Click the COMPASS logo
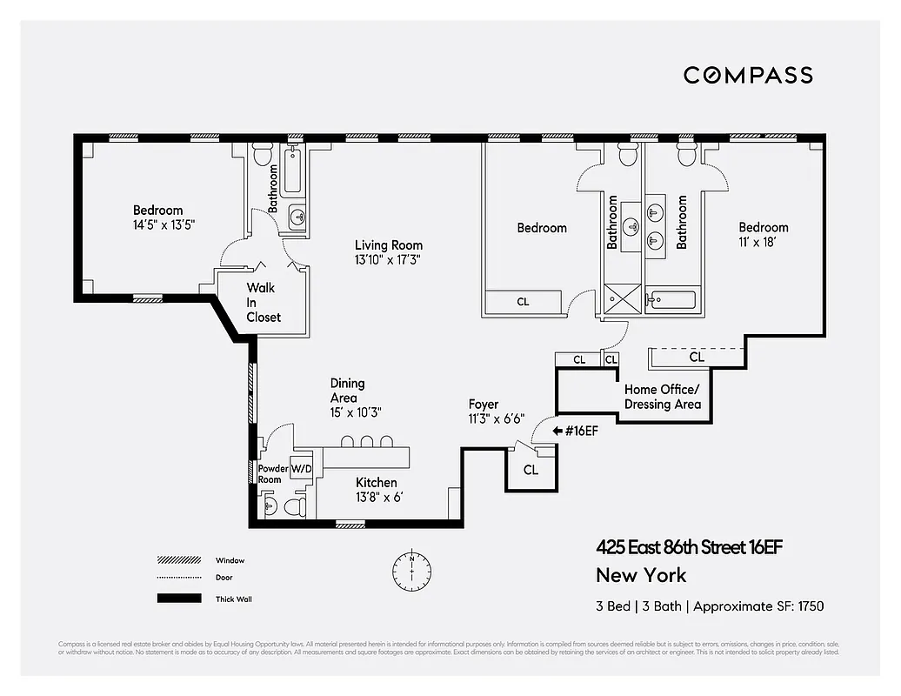pyautogui.click(x=748, y=75)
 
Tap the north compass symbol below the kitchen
pyautogui.click(x=411, y=569)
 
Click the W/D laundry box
pyautogui.click(x=301, y=467)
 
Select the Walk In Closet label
pyautogui.click(x=263, y=302)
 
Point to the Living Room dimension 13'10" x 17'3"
pyautogui.click(x=388, y=259)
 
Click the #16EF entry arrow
pyautogui.click(x=557, y=430)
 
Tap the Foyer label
pyautogui.click(x=484, y=405)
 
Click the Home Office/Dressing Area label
pyautogui.click(x=662, y=397)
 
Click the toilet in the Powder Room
pyautogui.click(x=293, y=505)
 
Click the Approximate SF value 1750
pyautogui.click(x=806, y=606)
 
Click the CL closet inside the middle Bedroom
pyautogui.click(x=523, y=302)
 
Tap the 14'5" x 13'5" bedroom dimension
pyautogui.click(x=158, y=224)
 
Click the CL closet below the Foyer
pyautogui.click(x=531, y=470)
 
